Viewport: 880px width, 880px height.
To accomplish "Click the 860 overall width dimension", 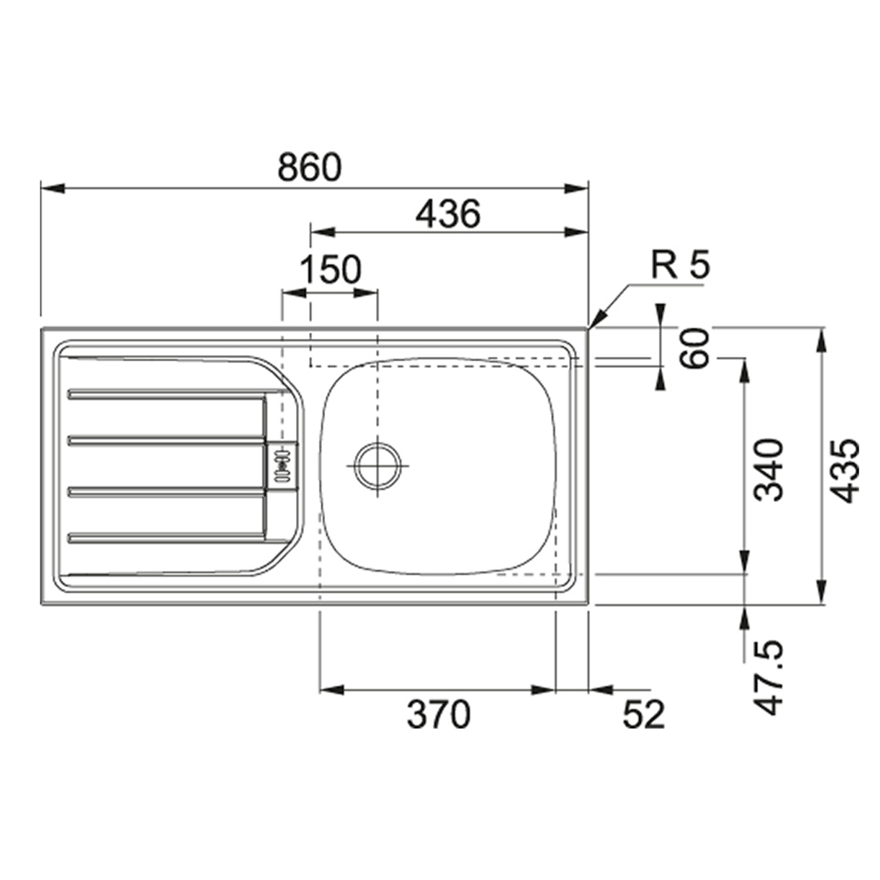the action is tap(310, 167).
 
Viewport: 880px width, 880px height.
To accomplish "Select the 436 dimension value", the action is tap(448, 214).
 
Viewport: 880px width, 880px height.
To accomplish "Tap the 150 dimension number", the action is tap(331, 269).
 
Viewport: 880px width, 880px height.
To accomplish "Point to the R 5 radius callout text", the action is tap(680, 265).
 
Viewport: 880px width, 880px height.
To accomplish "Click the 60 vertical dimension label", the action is tap(694, 348).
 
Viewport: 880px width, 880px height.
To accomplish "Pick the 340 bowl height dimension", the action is tap(768, 470).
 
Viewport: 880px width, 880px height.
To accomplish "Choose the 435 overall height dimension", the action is tap(844, 470).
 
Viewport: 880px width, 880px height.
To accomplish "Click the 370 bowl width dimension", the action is tap(438, 714).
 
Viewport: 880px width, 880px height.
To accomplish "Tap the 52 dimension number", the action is tap(643, 714).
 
